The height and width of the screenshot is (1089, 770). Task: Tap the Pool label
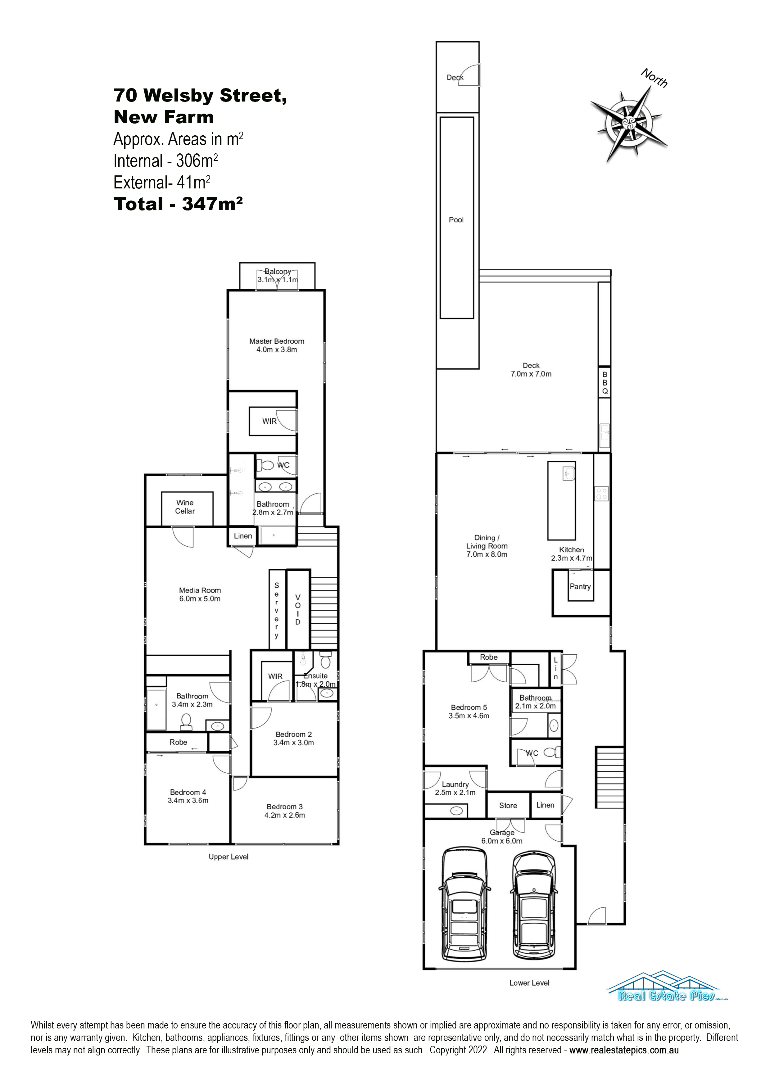pyautogui.click(x=456, y=219)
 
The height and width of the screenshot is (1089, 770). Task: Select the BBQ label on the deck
pyautogui.click(x=605, y=383)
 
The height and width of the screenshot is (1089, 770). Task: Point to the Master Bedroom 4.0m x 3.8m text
pyautogui.click(x=277, y=345)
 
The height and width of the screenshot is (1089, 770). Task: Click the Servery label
pyautogui.click(x=277, y=610)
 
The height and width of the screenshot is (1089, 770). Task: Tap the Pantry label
pyautogui.click(x=580, y=586)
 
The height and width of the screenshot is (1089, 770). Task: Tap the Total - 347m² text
pyautogui.click(x=179, y=204)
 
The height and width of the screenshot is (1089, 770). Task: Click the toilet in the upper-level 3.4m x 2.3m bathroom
pyautogui.click(x=186, y=721)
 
